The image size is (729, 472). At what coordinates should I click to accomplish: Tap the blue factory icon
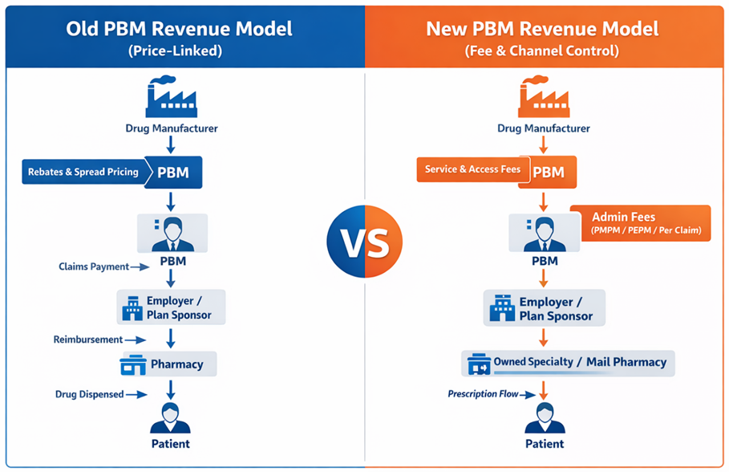[171, 97]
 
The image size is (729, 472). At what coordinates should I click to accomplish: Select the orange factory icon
[543, 97]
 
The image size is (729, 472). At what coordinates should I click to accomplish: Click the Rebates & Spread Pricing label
[83, 172]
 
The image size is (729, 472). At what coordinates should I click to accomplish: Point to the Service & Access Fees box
[471, 169]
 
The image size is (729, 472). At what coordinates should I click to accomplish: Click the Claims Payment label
[94, 267]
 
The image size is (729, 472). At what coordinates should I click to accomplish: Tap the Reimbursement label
[88, 340]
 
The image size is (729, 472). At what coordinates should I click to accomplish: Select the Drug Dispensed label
[89, 394]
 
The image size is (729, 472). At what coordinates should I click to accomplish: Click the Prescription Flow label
[482, 394]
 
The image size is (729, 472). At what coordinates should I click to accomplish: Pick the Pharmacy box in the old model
[168, 364]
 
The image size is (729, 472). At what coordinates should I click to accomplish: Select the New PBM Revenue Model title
[543, 30]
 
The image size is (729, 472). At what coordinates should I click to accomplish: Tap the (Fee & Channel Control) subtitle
[543, 51]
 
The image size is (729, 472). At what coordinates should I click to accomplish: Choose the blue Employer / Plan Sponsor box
[171, 307]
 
